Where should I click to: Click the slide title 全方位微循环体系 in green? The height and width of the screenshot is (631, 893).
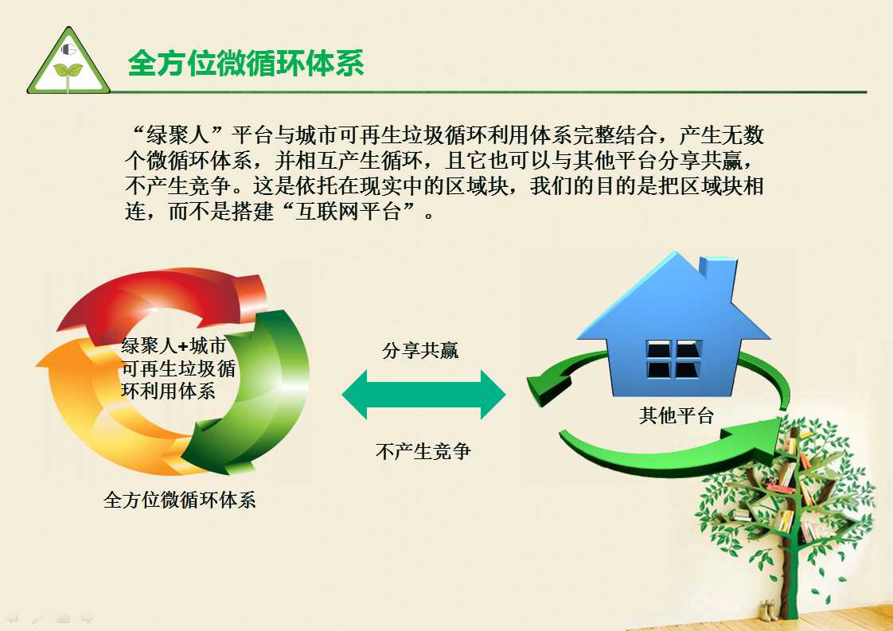[246, 63]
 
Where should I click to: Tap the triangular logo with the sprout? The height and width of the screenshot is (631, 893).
[68, 60]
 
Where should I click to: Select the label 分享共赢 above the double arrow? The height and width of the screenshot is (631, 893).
[420, 350]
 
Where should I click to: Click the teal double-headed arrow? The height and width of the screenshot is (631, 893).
[423, 395]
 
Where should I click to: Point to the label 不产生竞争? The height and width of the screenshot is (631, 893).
[423, 452]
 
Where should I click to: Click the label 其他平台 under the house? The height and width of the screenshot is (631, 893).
[676, 415]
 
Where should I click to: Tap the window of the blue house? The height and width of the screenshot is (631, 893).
[674, 360]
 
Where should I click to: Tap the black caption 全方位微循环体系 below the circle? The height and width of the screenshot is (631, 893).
[179, 500]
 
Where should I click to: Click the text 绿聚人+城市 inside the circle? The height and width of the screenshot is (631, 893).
[174, 345]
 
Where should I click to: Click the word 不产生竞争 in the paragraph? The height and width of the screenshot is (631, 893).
[178, 186]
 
